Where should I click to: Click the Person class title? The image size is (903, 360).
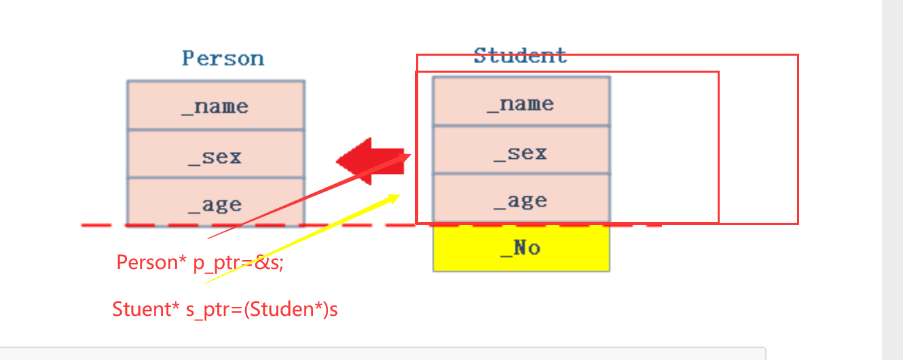[x=223, y=58]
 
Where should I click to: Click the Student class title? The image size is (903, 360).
[x=520, y=56]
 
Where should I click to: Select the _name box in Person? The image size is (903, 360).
[x=215, y=106]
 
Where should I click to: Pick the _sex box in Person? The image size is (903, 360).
[x=215, y=156]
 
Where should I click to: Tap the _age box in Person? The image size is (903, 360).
[x=215, y=203]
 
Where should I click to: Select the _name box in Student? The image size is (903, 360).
[x=521, y=103]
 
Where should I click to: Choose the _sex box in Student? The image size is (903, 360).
[x=521, y=152]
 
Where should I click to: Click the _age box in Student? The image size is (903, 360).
[x=521, y=200]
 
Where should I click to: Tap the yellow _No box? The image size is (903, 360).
[x=521, y=248]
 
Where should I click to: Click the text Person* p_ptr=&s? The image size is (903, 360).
[x=200, y=262]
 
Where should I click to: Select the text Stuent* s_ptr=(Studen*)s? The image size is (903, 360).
[x=225, y=310]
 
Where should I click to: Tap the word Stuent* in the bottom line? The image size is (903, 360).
[x=145, y=310]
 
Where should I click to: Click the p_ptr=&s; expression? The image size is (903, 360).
[x=238, y=262]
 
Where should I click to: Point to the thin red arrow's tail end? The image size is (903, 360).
[x=208, y=238]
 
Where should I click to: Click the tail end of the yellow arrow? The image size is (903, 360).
[x=206, y=283]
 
